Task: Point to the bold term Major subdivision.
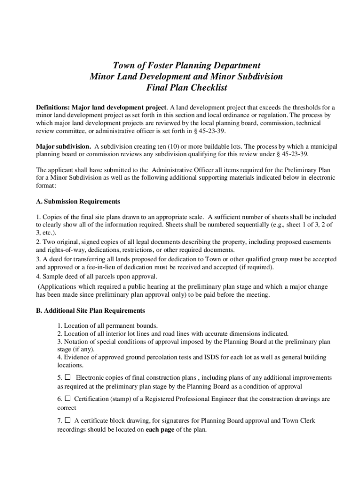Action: (64, 147)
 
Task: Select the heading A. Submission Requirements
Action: (78, 201)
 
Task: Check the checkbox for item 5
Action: (67, 377)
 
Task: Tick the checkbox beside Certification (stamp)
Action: (67, 399)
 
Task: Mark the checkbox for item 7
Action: (67, 420)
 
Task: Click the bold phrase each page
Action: (160, 430)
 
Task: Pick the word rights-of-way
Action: (68, 250)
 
